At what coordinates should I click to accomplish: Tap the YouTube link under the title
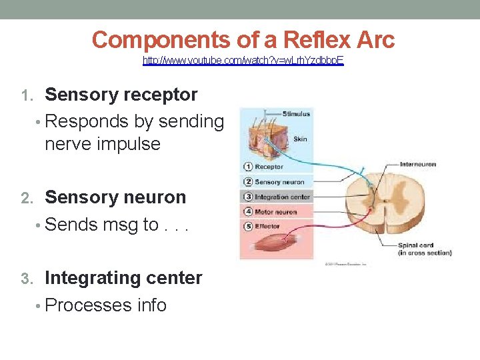pyautogui.click(x=243, y=61)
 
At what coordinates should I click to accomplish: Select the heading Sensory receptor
pyautogui.click(x=121, y=95)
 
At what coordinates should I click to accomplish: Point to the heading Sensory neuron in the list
pyautogui.click(x=115, y=197)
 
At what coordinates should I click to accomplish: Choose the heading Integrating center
pyautogui.click(x=123, y=277)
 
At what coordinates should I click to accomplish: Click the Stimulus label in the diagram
pyautogui.click(x=296, y=115)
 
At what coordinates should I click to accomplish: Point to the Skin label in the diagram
pyautogui.click(x=300, y=139)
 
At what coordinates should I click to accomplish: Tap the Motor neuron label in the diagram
pyautogui.click(x=276, y=212)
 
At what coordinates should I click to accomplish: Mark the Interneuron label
pyautogui.click(x=417, y=164)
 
